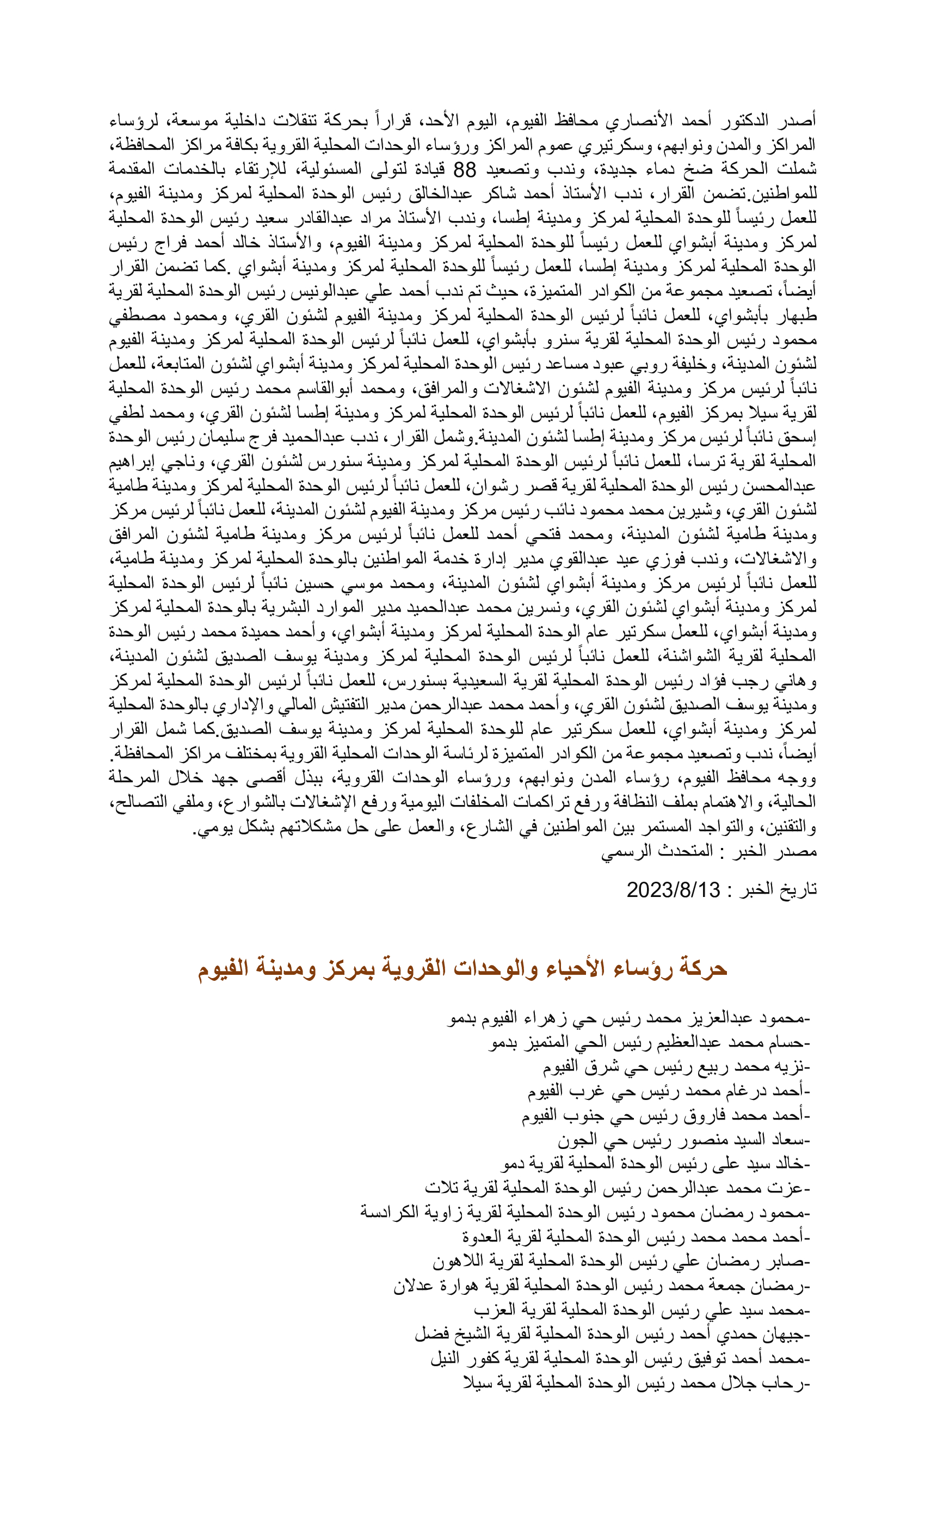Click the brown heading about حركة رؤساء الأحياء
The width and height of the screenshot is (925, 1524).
pos(462,968)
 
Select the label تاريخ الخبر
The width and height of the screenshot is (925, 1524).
pos(772,890)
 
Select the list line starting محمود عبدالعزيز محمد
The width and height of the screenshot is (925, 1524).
pos(628,1018)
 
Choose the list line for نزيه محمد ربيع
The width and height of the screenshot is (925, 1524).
pos(676,1067)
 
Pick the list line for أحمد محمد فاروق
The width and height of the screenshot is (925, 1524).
pos(665,1116)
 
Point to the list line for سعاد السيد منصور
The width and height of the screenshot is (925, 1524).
pos(683,1140)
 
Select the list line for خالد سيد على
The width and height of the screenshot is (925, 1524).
pos(656,1165)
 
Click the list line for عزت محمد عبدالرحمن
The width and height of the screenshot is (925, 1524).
pos(616,1189)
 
